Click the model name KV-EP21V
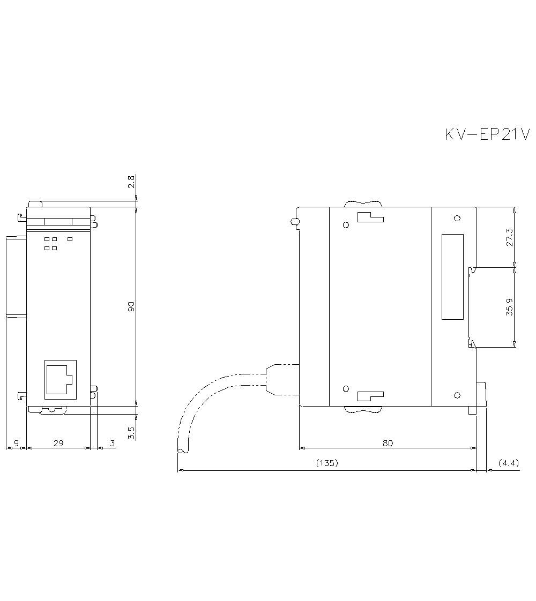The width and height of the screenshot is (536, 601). tap(487, 134)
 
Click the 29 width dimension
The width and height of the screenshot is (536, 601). tap(58, 443)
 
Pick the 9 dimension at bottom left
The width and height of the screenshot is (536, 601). tap(16, 443)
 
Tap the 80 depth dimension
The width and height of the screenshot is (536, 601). tap(388, 443)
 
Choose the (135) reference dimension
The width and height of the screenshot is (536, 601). tap(327, 463)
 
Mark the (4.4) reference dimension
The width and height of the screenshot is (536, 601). tap(508, 463)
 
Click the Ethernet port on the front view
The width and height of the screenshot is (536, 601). tap(59, 379)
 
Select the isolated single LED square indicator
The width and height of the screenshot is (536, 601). tap(70, 239)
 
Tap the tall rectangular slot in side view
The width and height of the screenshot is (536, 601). tap(452, 277)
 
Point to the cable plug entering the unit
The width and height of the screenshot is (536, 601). tap(281, 380)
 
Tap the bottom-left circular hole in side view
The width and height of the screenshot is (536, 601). tap(346, 388)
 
